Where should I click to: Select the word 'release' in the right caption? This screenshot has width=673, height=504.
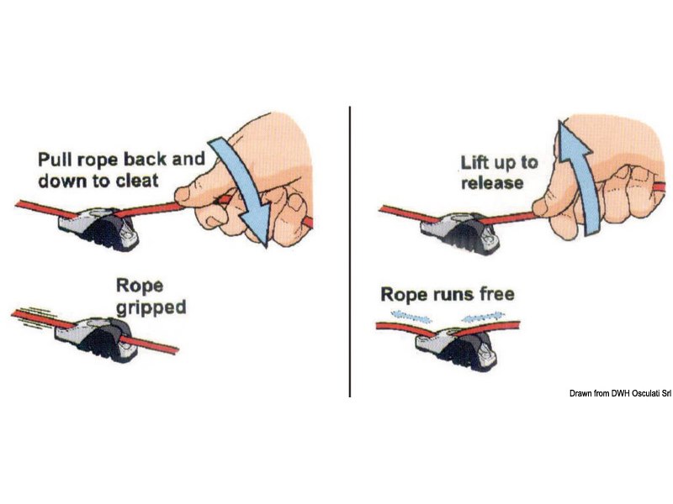pos(492,183)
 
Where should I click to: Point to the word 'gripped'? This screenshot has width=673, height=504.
pos(151,308)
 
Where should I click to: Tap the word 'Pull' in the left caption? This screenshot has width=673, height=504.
pos(52,159)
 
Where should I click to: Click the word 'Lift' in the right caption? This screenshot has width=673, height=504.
pos(473,162)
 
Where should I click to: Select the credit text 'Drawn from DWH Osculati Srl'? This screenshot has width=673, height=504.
pos(620,393)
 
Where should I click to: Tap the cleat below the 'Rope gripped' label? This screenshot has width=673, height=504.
pos(98,340)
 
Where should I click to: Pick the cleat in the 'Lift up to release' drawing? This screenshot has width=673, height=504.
pos(460,233)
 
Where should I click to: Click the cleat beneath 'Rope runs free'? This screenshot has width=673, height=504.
pos(456,349)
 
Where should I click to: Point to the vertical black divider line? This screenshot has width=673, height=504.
pos(350,251)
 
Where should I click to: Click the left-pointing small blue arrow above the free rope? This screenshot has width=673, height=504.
pos(411,317)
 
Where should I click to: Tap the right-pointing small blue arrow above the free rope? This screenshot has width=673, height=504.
pos(481,317)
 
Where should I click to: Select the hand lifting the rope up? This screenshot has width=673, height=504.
pos(601,176)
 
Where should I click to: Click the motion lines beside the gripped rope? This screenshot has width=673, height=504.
pos(34,318)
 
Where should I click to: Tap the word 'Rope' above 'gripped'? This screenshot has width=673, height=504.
pos(140,286)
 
